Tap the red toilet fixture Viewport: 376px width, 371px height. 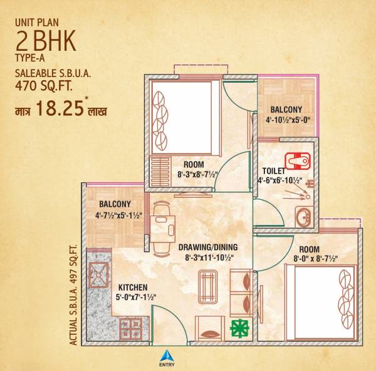(x=297, y=160)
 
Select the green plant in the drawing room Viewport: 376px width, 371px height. (x=239, y=328)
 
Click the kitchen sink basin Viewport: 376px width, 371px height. (x=99, y=271)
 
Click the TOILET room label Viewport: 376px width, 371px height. (x=274, y=170)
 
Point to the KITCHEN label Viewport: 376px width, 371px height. (x=132, y=288)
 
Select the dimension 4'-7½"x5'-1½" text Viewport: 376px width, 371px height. (x=115, y=216)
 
